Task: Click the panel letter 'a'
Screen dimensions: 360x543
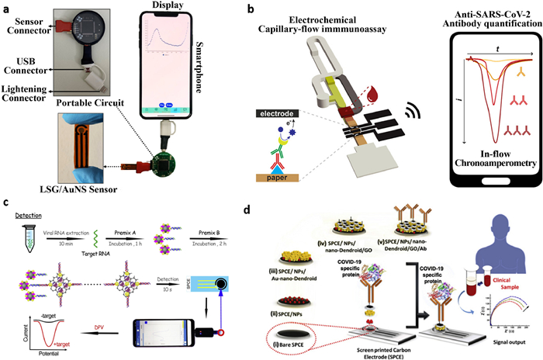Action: click(7, 9)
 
